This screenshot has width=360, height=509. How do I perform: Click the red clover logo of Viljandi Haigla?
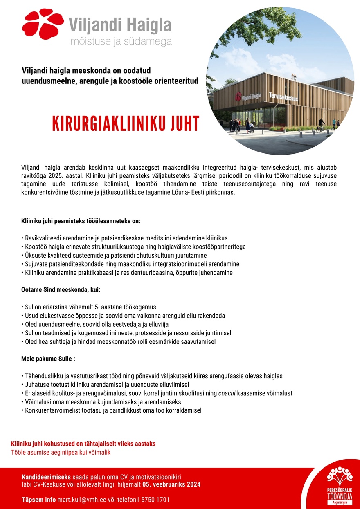pos(43,24)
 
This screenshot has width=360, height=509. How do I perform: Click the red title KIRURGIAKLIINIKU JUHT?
pos(126,124)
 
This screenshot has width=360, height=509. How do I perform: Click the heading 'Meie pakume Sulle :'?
pos(48,359)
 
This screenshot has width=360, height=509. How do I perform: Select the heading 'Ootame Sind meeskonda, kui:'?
pos(61,290)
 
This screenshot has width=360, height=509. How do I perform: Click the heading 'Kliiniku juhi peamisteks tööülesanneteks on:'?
pos(81,221)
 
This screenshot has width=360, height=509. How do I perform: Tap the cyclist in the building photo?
pos(322,123)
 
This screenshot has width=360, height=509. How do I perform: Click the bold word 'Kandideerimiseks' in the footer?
pos(46,477)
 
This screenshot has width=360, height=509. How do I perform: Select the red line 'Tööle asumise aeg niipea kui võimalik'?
pos(61,452)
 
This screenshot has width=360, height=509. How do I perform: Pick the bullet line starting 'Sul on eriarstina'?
pos(88,307)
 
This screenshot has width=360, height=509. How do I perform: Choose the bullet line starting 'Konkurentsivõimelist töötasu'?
pos(111,410)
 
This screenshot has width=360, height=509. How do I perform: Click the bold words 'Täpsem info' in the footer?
pos(38,500)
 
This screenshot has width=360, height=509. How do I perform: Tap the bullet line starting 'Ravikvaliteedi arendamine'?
pos(124,238)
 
